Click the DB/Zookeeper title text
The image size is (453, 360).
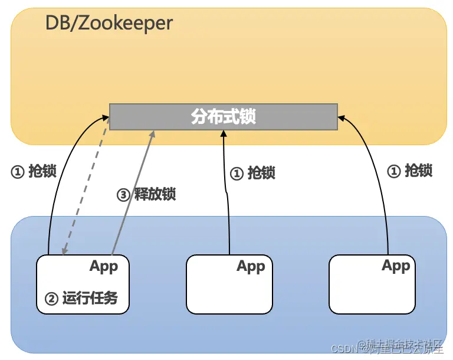109,23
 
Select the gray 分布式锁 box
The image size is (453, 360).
223,117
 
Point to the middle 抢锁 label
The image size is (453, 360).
252,173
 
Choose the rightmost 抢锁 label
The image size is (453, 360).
410,171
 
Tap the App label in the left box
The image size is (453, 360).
104,266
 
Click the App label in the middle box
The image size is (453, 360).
251,266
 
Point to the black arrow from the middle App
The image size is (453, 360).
226,195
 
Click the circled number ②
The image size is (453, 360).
52,299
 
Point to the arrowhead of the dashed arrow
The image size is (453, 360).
65,251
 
